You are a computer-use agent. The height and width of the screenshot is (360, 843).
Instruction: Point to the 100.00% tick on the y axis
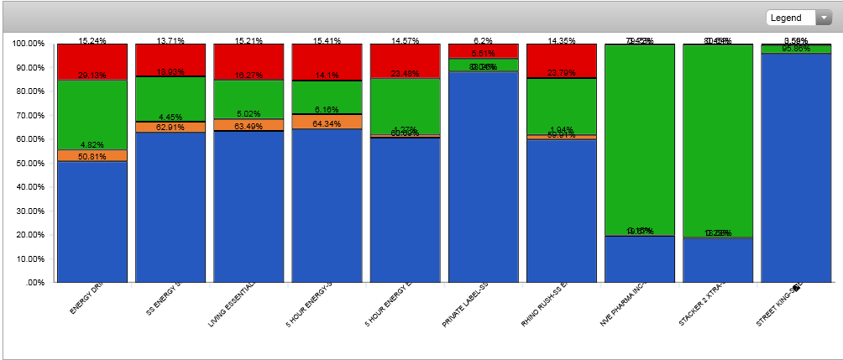pyautogui.click(x=29, y=43)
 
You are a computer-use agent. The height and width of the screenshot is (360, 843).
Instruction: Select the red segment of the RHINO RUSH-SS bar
pyautogui.click(x=562, y=59)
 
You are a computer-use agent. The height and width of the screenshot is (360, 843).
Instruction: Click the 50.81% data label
pyautogui.click(x=92, y=156)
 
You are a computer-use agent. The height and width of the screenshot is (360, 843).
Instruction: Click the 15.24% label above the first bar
pyautogui.click(x=92, y=40)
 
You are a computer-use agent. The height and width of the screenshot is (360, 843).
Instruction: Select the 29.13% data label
pyautogui.click(x=92, y=75)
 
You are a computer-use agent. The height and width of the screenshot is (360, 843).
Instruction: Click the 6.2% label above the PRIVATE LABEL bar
pyautogui.click(x=484, y=40)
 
